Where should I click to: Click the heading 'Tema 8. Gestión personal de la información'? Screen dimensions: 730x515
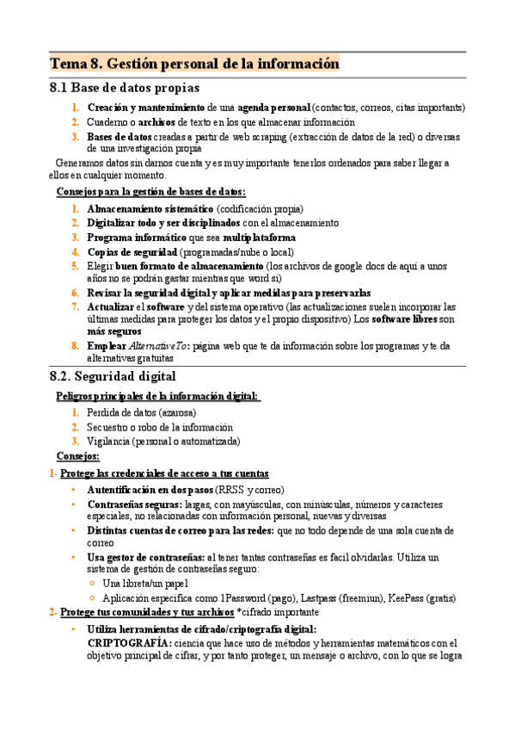tap(194, 64)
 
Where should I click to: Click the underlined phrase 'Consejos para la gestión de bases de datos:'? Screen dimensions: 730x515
tap(150, 192)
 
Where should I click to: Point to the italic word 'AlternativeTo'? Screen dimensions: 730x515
tap(159, 346)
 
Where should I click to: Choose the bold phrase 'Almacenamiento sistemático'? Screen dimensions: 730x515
tap(150, 208)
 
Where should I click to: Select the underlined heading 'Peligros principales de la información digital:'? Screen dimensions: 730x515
tap(158, 395)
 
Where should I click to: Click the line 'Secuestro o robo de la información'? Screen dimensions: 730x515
tap(160, 427)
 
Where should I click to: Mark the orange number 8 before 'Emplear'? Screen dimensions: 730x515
tap(76, 346)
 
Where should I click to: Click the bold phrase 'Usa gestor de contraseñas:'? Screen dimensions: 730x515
tap(146, 558)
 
